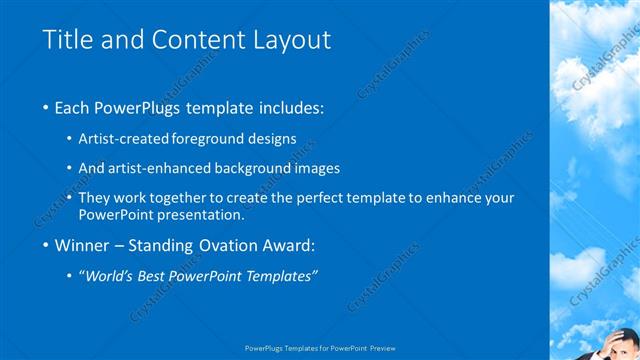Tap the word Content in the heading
pyautogui.click(x=188, y=40)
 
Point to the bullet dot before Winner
pyautogui.click(x=47, y=245)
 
